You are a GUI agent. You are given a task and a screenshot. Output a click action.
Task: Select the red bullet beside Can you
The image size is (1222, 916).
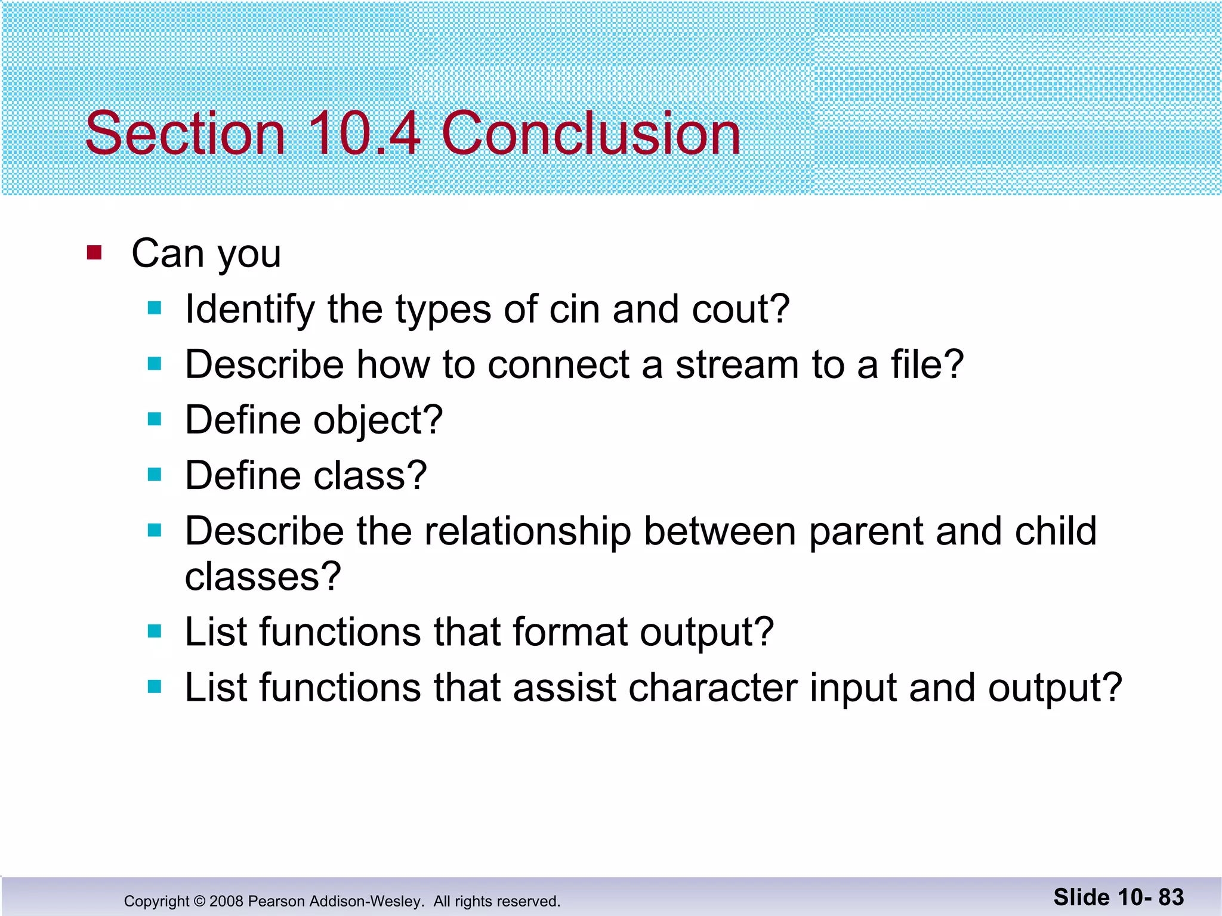94,253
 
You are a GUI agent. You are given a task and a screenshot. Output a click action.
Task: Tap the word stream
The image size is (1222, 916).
736,364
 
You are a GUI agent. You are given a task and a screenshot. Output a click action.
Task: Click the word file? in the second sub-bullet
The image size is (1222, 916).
927,364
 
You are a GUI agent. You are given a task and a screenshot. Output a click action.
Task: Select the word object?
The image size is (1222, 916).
378,420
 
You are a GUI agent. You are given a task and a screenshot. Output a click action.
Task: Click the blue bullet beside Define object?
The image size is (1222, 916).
155,419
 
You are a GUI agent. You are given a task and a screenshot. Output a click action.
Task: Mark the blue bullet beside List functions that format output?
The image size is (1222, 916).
155,631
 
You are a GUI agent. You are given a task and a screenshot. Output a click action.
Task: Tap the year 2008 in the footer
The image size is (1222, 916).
226,901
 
